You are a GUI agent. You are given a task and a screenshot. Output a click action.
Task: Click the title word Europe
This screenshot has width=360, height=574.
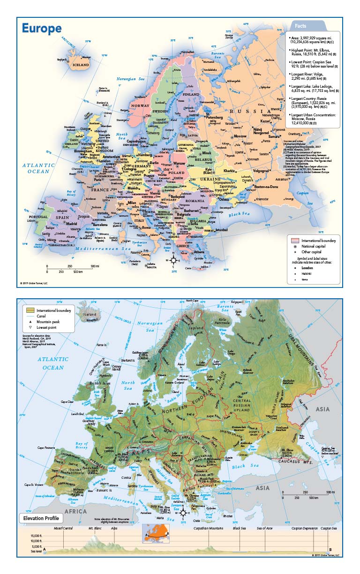point(42,29)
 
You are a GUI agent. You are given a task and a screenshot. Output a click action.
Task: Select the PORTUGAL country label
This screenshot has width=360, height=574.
point(38,218)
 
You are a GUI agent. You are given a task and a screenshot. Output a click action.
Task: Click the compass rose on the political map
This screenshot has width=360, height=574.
point(173,260)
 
